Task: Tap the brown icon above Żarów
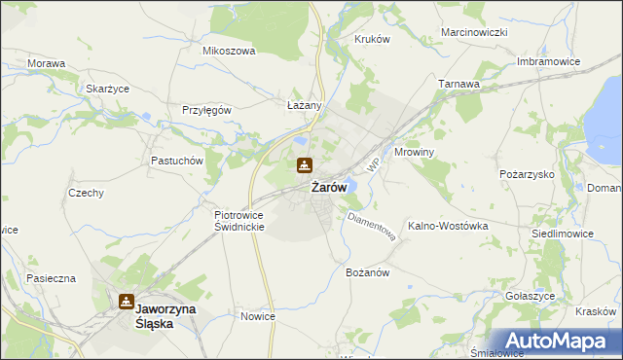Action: pos(305,165)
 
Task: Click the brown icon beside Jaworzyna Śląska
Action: pos(126,303)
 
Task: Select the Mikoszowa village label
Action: pos(228,51)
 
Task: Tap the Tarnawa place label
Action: pos(459,85)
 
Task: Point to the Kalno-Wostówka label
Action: pos(448,225)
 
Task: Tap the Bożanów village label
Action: pos(368,273)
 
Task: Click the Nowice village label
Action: pos(258,316)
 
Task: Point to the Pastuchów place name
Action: pos(175,160)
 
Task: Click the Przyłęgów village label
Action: pos(206,110)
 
